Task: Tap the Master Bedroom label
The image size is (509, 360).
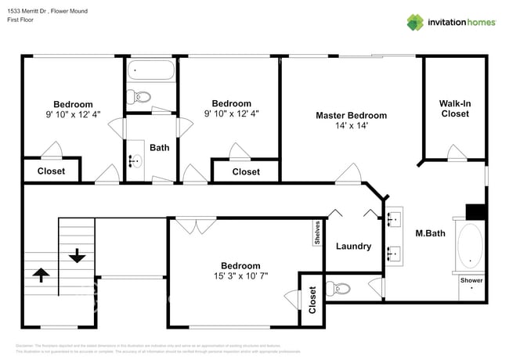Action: [351, 115]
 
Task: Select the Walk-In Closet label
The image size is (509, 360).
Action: [455, 108]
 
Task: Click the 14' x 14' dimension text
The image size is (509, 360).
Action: [352, 125]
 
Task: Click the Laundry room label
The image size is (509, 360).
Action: [353, 247]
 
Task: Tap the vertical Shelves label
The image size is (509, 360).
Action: [317, 233]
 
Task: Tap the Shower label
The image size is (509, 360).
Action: [471, 280]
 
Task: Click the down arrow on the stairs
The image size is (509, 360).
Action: [77, 255]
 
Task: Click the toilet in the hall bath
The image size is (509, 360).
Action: [142, 98]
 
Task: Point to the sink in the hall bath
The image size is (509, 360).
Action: [135, 162]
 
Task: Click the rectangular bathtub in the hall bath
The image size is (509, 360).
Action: [152, 71]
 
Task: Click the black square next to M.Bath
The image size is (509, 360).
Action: [476, 211]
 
